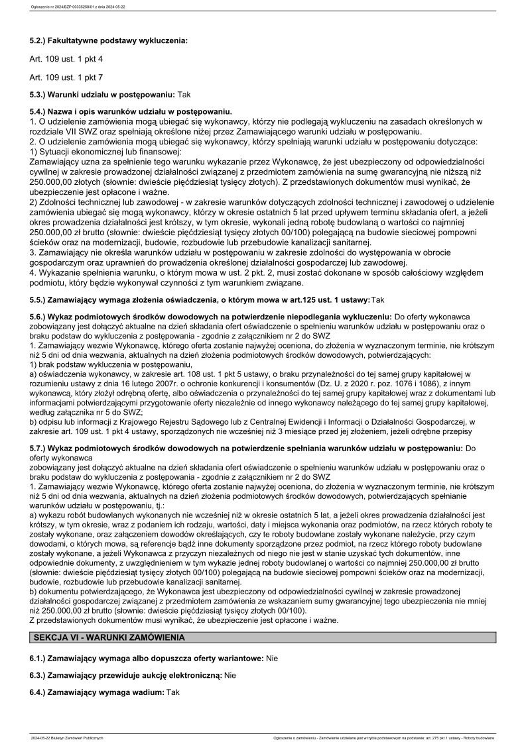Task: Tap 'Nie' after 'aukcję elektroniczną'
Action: click(230, 675)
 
